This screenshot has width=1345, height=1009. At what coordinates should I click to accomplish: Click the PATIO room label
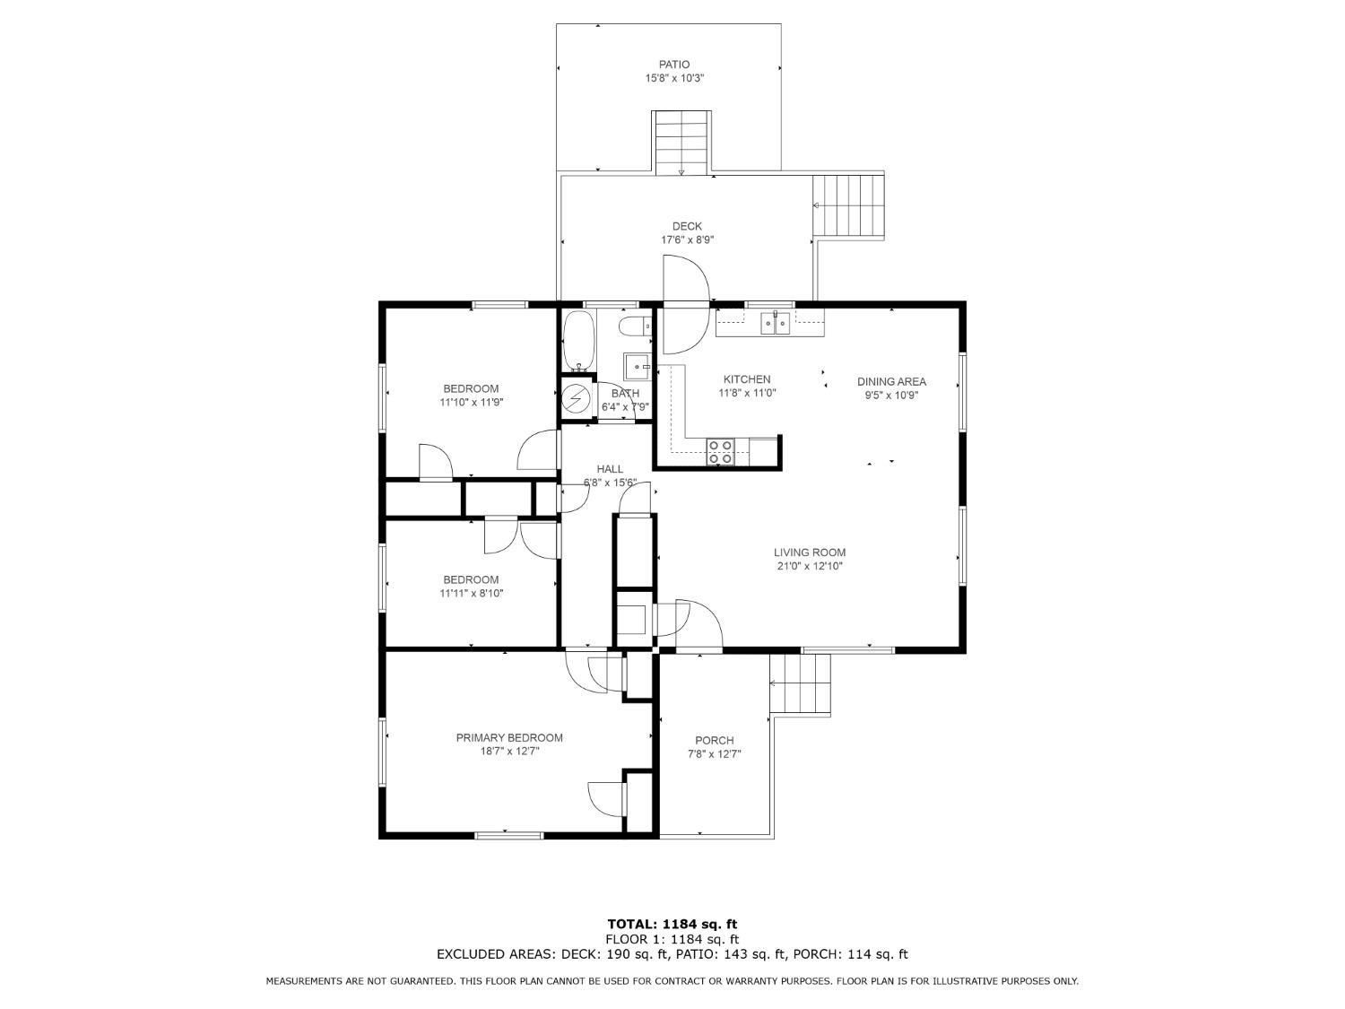point(674,65)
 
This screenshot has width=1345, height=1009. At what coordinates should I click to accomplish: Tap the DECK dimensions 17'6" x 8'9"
point(687,240)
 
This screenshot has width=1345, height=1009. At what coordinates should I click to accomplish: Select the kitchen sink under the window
point(776,323)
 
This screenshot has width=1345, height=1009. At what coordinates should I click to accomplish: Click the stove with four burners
point(720,452)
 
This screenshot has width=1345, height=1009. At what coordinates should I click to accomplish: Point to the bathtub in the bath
point(578,341)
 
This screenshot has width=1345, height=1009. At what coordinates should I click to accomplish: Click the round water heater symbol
point(577,399)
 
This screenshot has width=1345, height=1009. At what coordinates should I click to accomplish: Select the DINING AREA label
point(891,382)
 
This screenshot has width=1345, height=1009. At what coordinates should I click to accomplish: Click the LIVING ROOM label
point(810,552)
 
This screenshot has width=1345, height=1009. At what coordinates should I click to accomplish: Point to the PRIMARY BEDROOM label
point(509,738)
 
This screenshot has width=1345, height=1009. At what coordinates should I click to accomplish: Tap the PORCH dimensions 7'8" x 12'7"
point(715,754)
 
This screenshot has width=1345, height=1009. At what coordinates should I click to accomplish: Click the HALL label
point(610,469)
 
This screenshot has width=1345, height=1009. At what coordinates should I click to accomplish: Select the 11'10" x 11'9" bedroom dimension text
point(472,403)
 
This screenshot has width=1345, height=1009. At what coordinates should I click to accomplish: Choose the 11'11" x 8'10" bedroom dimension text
point(472,593)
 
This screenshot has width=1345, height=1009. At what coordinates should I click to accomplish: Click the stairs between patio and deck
point(681,143)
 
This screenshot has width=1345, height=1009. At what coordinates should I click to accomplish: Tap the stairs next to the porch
point(800,683)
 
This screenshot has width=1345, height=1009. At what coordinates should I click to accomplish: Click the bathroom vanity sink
point(638,366)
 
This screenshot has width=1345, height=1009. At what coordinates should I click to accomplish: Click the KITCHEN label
point(747,379)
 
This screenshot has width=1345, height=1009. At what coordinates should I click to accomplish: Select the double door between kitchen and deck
point(686,304)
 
